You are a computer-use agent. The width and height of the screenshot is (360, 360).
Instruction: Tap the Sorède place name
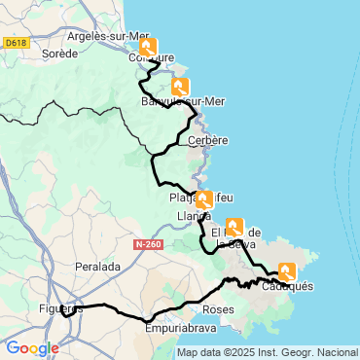click(59, 54)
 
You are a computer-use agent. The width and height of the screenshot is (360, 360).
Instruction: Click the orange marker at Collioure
click(148, 48)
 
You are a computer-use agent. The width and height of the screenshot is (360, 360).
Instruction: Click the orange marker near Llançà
click(204, 200)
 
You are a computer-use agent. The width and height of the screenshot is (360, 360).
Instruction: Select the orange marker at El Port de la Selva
click(234, 228)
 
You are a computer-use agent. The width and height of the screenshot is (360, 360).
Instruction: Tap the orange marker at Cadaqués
click(288, 272)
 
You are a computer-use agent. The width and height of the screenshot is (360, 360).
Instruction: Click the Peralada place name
click(97, 266)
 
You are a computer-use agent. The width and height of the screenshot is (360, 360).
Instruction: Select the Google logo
click(32, 348)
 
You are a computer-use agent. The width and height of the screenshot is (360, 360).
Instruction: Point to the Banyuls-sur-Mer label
click(184, 102)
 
